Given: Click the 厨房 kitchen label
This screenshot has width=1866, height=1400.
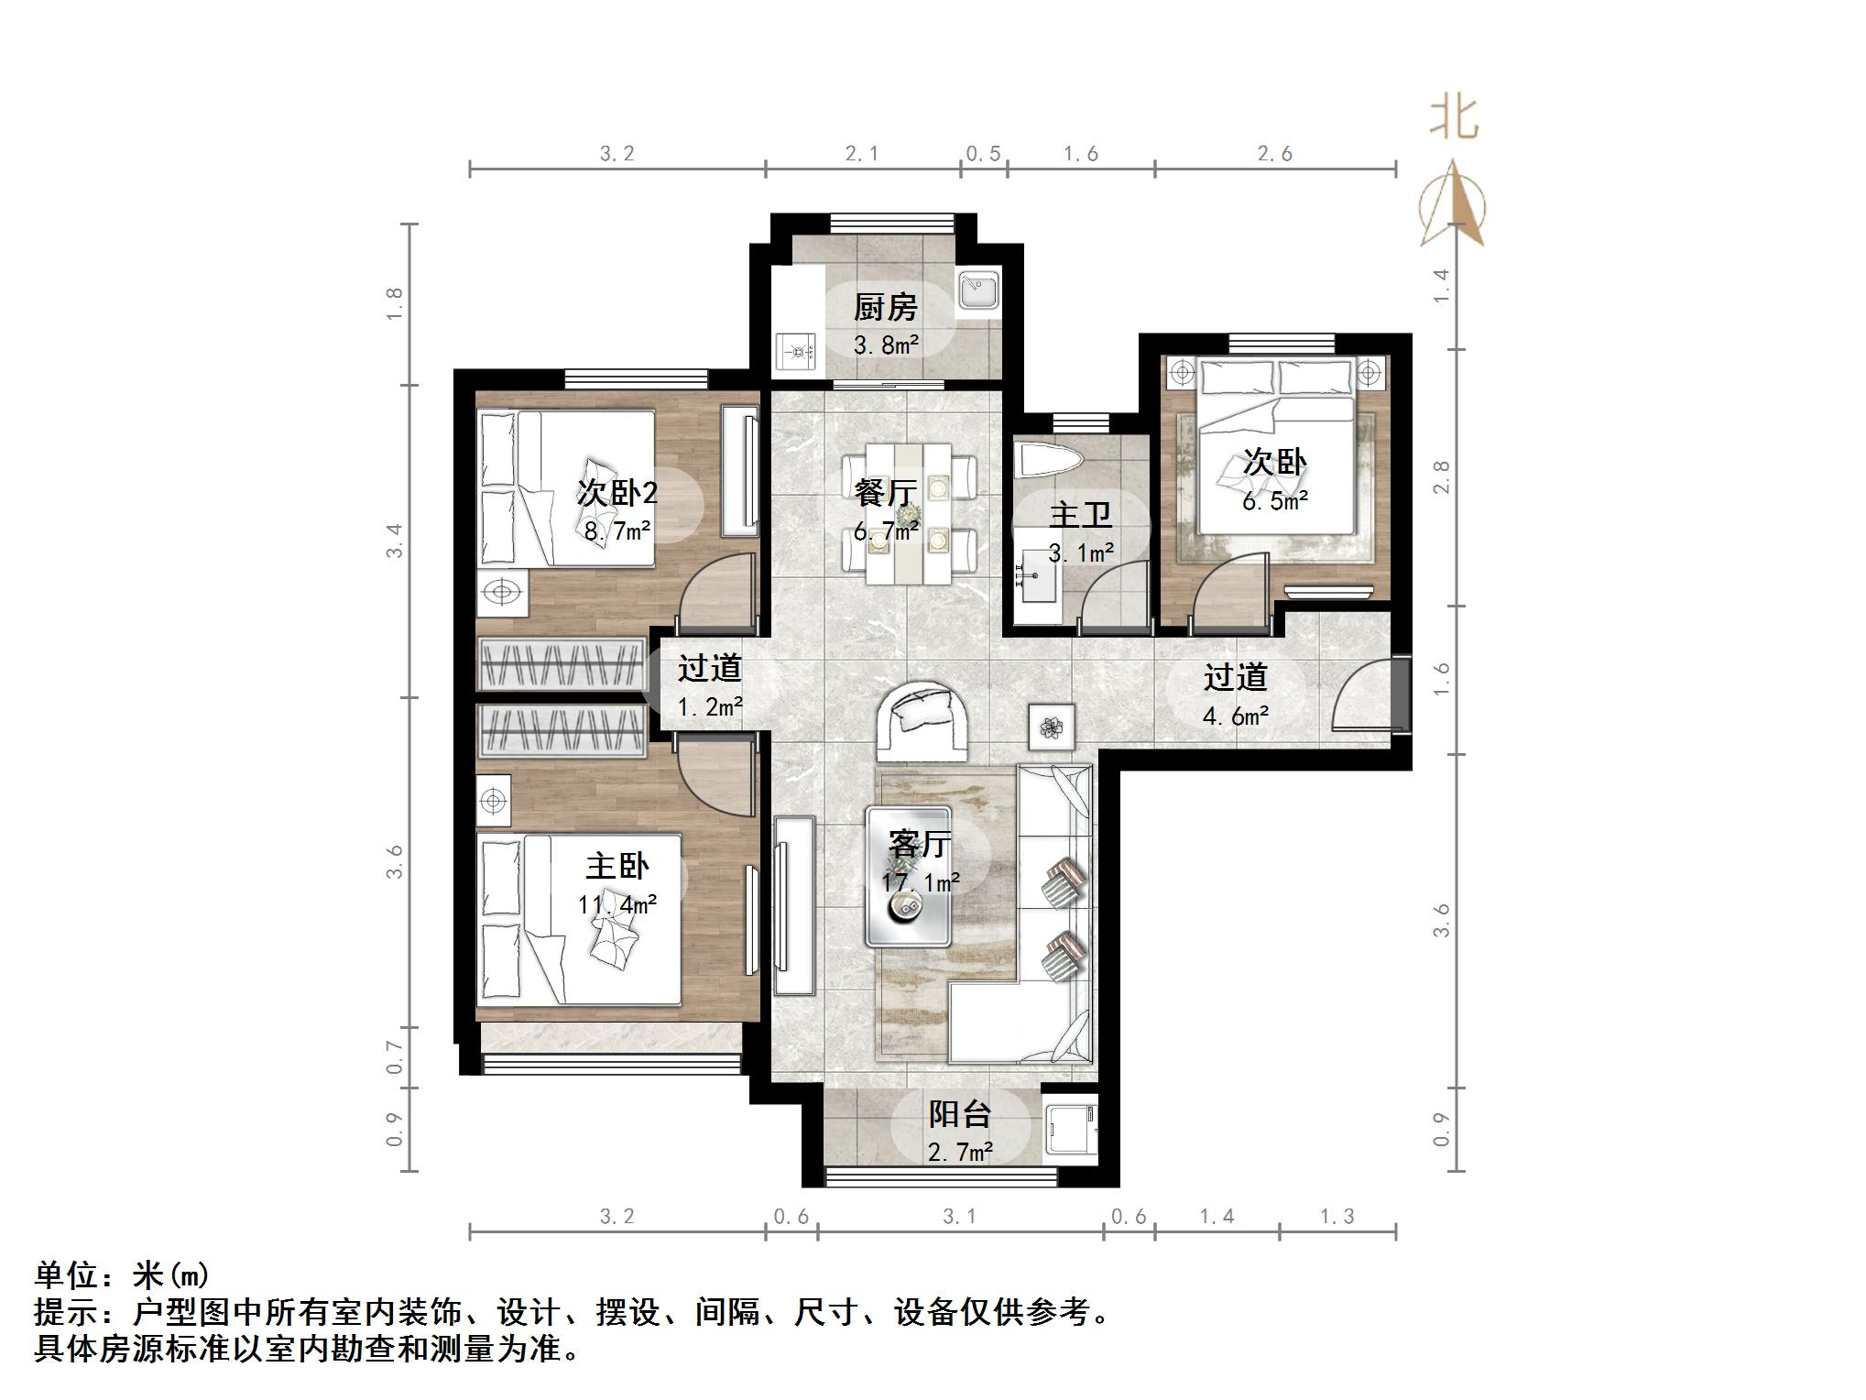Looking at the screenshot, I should (x=885, y=308).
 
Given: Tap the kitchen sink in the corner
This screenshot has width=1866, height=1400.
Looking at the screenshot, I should (x=977, y=291).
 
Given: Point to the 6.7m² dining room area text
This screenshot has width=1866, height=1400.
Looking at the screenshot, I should (x=885, y=531).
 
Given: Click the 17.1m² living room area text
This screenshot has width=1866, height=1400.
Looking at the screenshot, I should (x=921, y=882).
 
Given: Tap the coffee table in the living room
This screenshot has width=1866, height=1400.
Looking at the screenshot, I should (x=908, y=878).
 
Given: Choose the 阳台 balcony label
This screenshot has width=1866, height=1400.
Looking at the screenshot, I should (x=959, y=1114).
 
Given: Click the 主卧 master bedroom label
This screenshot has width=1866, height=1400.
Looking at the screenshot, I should (x=617, y=866).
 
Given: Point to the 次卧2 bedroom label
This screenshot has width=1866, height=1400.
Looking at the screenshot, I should (x=617, y=493).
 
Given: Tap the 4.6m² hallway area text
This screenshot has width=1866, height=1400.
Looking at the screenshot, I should (x=1235, y=716).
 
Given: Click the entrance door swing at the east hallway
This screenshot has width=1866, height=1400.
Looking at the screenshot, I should (x=1360, y=696).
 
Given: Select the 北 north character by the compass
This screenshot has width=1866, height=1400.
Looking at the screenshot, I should (x=1454, y=120).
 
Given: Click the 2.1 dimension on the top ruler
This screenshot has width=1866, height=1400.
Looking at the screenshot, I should (x=862, y=154).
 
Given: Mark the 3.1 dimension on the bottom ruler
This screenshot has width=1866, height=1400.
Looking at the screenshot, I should (x=959, y=1217).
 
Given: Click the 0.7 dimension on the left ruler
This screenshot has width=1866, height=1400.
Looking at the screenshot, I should (x=395, y=1057).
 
